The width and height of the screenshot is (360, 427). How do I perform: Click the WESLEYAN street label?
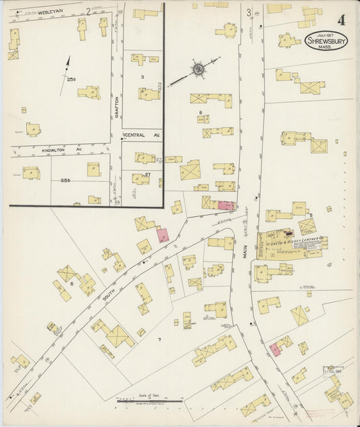coord(32,12)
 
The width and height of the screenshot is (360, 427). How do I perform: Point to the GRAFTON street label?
coord(115,106)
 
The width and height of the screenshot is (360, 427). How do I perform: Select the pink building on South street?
coord(163,235)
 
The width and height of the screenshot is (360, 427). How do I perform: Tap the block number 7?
coord(159,338)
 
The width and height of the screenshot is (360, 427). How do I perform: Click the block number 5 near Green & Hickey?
coord(310,216)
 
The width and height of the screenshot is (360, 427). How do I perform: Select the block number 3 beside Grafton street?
coord(142,77)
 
